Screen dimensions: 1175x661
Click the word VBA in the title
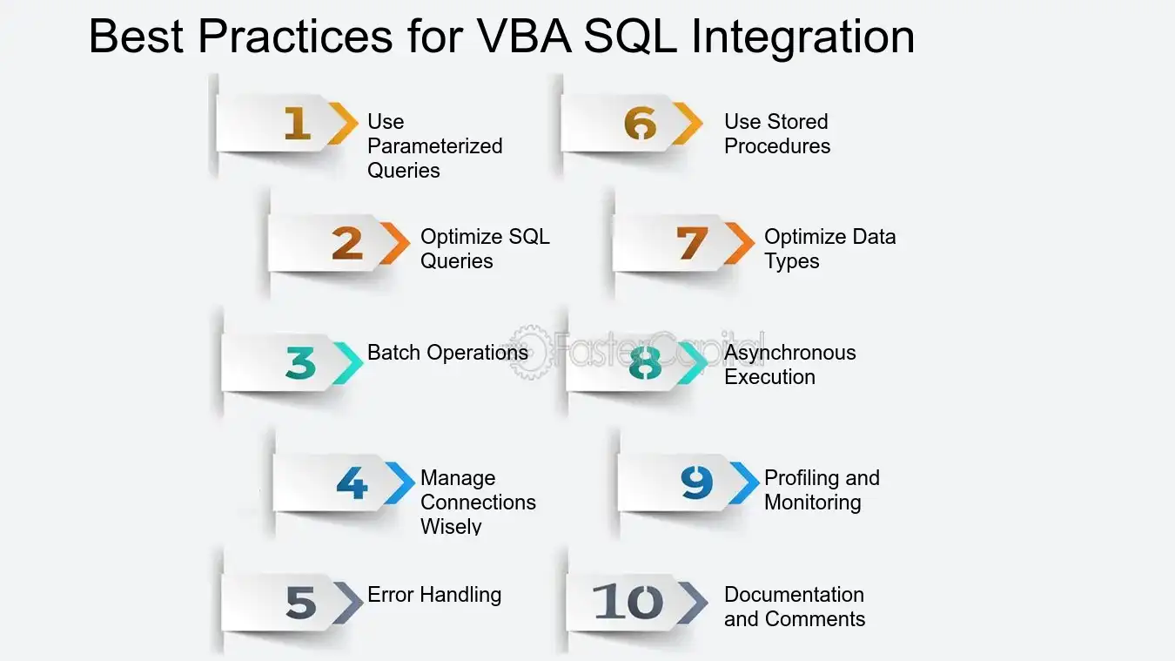tap(524, 36)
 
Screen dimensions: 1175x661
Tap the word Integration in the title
tap(803, 38)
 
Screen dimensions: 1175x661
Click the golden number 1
tap(298, 123)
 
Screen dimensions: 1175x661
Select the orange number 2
tap(347, 243)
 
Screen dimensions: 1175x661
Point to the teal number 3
tap(300, 363)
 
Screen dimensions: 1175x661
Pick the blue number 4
tap(352, 482)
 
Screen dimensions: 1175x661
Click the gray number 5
tap(301, 602)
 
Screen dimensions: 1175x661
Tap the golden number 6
tap(641, 123)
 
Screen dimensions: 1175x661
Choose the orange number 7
tap(692, 243)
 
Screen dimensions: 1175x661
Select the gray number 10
tap(628, 602)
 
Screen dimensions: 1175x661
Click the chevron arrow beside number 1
tap(344, 124)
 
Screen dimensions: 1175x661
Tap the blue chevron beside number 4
tap(399, 483)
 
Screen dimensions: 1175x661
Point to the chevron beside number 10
tap(693, 603)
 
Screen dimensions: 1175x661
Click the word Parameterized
tap(435, 146)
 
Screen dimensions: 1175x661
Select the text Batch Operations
tap(447, 353)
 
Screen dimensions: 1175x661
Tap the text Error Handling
tap(434, 595)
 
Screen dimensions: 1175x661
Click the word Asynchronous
tap(790, 353)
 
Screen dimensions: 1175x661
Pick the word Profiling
tap(802, 478)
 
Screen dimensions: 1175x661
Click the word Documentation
tap(794, 595)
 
